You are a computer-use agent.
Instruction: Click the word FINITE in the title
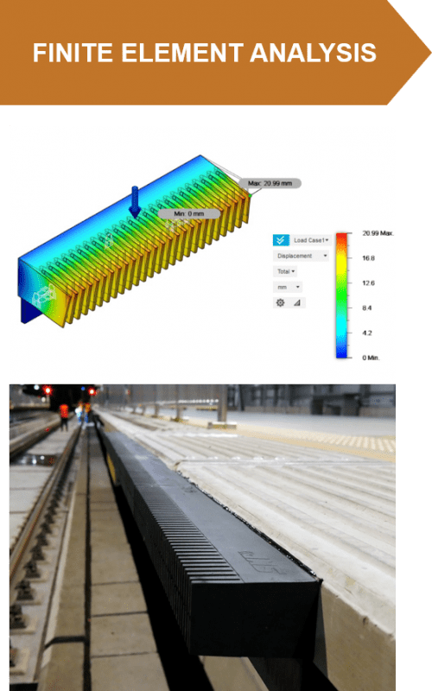(x=68, y=54)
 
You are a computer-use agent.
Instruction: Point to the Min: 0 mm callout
(x=189, y=213)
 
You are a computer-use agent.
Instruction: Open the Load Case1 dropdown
(x=311, y=240)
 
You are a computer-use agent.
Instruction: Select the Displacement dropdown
(x=301, y=256)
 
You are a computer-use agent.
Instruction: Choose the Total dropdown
(x=285, y=271)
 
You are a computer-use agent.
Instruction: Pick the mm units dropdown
(x=287, y=287)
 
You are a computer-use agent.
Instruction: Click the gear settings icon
(x=280, y=303)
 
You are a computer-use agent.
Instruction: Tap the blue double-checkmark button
(x=281, y=240)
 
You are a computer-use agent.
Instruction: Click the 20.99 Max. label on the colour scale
(x=377, y=233)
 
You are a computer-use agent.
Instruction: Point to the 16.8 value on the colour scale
(x=368, y=257)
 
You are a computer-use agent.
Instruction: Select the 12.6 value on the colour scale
(x=368, y=282)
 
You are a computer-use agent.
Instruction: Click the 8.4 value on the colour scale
(x=366, y=307)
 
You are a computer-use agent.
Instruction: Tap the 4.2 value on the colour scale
(x=366, y=333)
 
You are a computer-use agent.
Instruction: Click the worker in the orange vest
(x=64, y=415)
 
